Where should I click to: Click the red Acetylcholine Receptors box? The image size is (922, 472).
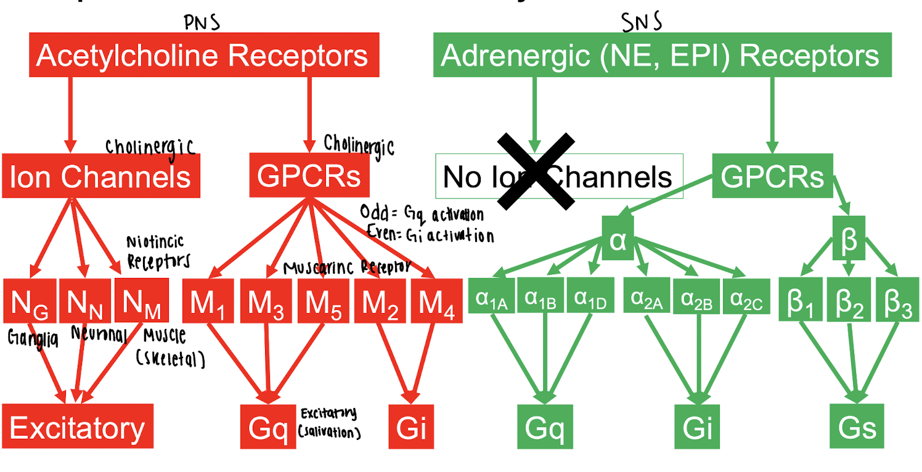point(203,56)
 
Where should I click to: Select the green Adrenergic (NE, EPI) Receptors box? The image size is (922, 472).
point(662,56)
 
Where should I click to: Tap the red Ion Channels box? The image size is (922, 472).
point(100,177)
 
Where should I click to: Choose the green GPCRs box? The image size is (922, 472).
point(772,177)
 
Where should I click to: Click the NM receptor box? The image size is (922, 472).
point(142,301)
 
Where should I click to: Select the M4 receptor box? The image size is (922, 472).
point(436,301)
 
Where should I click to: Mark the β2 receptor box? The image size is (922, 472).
point(849,300)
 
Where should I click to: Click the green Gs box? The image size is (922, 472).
point(857,426)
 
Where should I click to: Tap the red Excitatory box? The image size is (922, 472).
point(77,426)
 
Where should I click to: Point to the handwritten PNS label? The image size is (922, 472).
point(202,22)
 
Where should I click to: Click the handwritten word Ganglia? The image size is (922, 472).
point(33,339)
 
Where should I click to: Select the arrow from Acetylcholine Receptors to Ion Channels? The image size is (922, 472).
point(70,114)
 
